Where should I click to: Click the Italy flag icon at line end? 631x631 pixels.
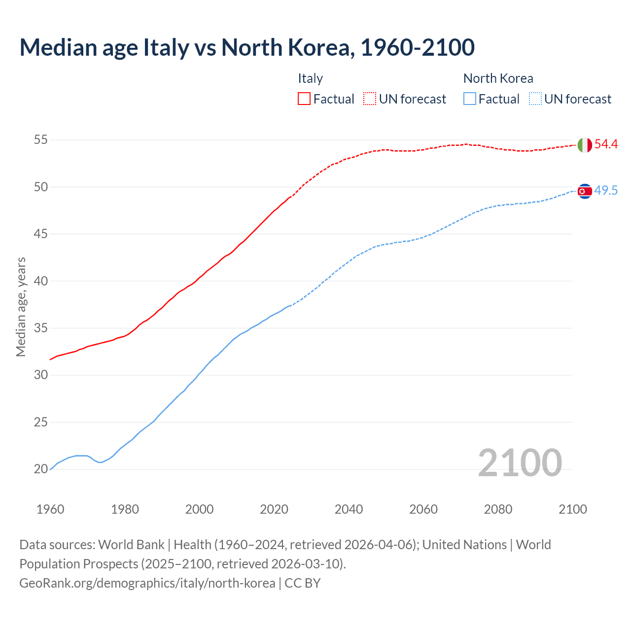pyautogui.click(x=585, y=145)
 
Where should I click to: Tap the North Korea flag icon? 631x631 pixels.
pyautogui.click(x=585, y=191)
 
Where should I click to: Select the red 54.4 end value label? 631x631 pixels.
pyautogui.click(x=606, y=144)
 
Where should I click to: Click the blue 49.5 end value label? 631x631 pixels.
pyautogui.click(x=606, y=191)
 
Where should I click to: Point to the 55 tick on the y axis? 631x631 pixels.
pyautogui.click(x=40, y=140)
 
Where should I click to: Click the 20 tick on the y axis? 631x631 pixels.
pyautogui.click(x=40, y=469)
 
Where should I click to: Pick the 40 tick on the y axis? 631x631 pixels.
pyautogui.click(x=40, y=281)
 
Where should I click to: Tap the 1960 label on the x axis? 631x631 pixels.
pyautogui.click(x=50, y=509)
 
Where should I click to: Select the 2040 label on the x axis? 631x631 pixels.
pyautogui.click(x=349, y=509)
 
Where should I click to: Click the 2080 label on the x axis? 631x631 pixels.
pyautogui.click(x=498, y=509)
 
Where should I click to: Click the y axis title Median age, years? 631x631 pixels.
pyautogui.click(x=21, y=307)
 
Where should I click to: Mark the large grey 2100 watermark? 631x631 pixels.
pyautogui.click(x=520, y=462)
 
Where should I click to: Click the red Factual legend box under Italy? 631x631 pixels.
pyautogui.click(x=304, y=99)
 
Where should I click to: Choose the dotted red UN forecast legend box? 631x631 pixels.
pyautogui.click(x=370, y=99)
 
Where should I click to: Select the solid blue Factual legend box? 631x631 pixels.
pyautogui.click(x=470, y=99)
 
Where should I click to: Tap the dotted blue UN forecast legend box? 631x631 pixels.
pyautogui.click(x=535, y=99)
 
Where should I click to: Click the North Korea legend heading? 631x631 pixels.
pyautogui.click(x=498, y=78)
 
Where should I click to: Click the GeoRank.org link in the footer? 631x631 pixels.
pyautogui.click(x=147, y=583)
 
